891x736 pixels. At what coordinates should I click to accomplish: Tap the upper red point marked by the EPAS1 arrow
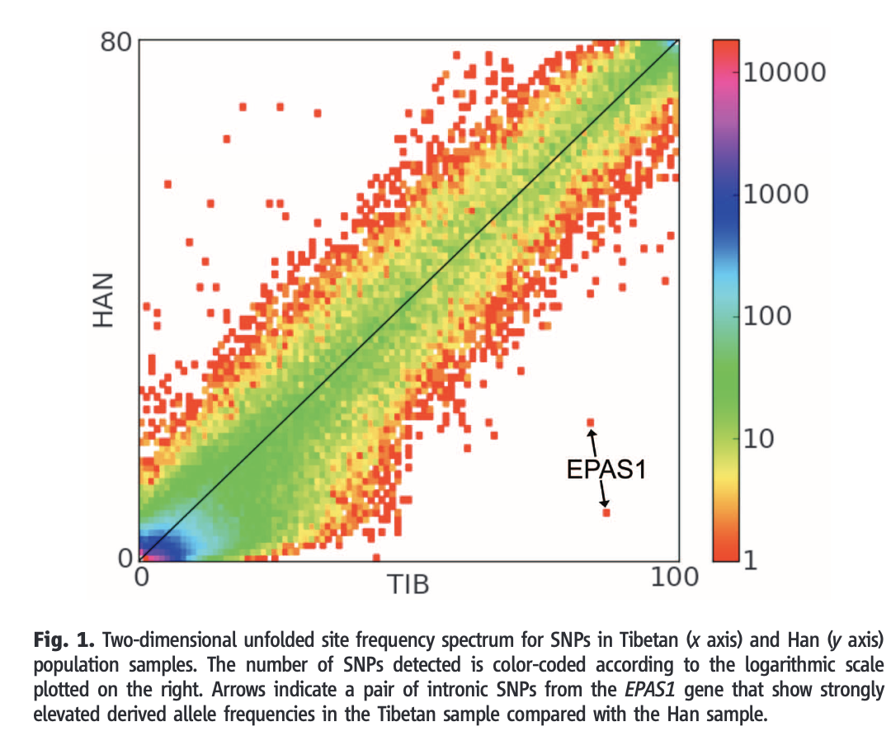point(590,422)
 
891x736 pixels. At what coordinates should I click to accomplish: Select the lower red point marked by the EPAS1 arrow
point(606,512)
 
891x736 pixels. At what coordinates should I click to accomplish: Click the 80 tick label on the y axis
point(116,42)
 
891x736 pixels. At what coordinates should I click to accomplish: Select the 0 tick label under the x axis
point(142,578)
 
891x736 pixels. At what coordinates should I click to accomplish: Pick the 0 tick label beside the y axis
point(125,559)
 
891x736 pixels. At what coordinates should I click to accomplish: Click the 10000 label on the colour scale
point(785,72)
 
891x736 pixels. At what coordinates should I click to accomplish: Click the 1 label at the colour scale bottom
point(750,559)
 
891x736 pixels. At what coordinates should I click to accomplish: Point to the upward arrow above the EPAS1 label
point(592,441)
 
